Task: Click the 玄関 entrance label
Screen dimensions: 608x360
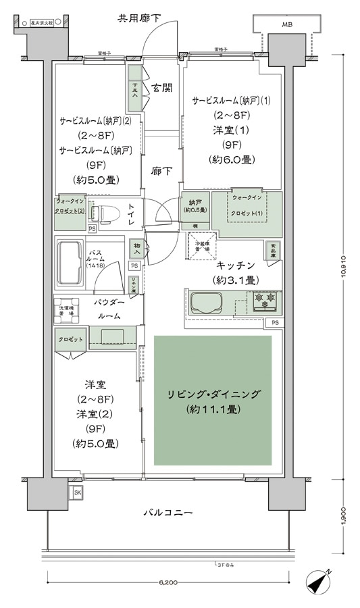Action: coord(161,87)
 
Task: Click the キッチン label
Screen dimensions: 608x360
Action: coord(235,265)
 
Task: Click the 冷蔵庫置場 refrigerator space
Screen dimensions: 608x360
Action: coord(201,243)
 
